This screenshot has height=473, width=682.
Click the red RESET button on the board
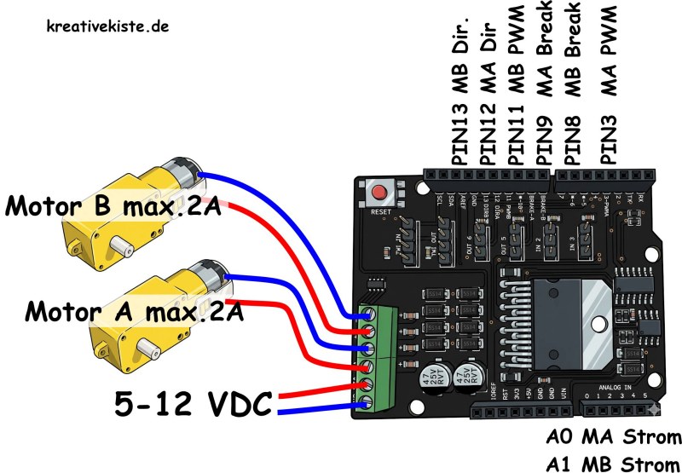[376, 193]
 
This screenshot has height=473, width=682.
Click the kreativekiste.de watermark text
[107, 26]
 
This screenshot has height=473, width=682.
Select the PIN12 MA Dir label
[488, 94]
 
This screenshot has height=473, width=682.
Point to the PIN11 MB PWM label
[517, 94]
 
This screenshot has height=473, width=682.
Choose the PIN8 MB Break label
[574, 89]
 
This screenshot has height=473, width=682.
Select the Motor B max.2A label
[113, 205]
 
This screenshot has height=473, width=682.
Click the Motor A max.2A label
[135, 310]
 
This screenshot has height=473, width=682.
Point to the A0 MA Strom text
[613, 438]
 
